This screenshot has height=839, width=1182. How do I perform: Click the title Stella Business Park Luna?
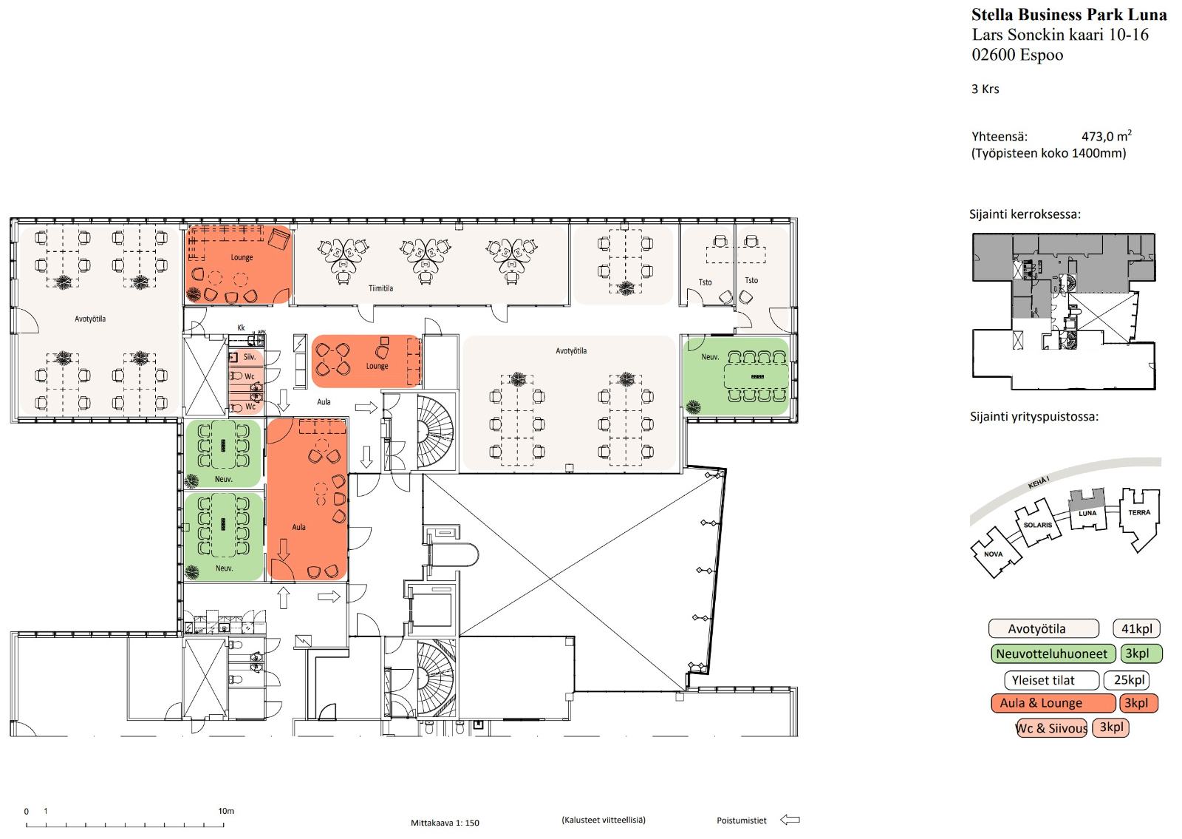pos(1068,15)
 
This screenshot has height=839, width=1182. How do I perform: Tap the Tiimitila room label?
pos(380,288)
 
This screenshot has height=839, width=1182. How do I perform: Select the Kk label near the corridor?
pos(241,328)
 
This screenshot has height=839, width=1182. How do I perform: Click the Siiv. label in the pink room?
pos(250,357)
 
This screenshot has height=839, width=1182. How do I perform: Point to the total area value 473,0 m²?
pos(1107,136)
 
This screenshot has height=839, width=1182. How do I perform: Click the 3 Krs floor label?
pos(985,89)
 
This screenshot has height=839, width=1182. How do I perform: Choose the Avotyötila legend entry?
pos(1043,628)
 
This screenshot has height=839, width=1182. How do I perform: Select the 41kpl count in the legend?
pos(1136,628)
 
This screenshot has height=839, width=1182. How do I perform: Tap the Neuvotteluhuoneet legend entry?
pos(1053,653)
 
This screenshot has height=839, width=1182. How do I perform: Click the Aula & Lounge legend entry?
pos(1053,703)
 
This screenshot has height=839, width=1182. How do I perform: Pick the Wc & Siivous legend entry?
pos(1051,728)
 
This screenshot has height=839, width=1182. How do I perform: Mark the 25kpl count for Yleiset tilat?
pos(1129,680)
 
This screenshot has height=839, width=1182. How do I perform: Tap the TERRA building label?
pos(1139,512)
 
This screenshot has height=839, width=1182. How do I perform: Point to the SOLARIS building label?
pos(1037,525)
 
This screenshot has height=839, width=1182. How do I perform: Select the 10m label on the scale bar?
pos(226,811)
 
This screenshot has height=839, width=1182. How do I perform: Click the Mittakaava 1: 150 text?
pos(445,823)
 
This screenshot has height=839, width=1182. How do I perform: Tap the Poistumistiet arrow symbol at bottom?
pos(790,820)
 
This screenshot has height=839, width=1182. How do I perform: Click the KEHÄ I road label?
pos(1039,483)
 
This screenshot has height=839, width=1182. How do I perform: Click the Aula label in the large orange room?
pos(298,527)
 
